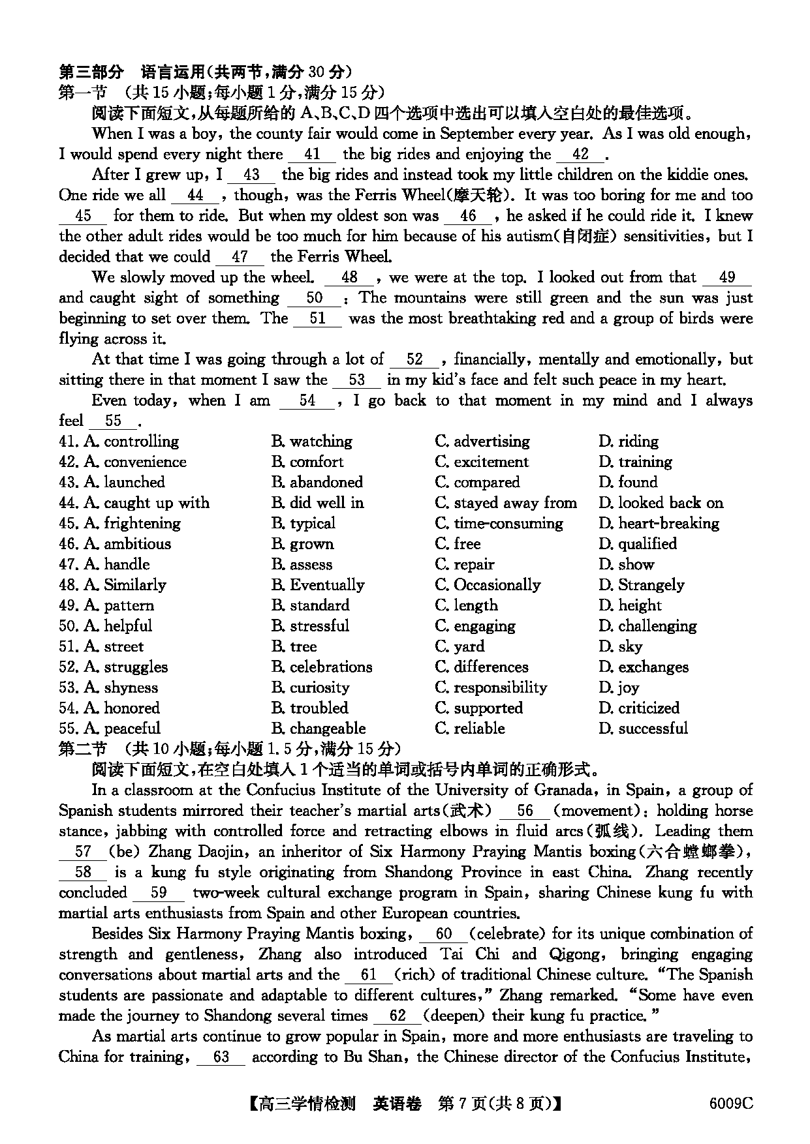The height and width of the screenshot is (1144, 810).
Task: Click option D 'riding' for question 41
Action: point(629,442)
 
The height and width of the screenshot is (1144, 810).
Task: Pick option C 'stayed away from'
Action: point(506,503)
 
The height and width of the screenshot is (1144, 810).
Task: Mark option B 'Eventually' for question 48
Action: point(318,585)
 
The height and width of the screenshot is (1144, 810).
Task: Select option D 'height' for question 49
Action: point(630,605)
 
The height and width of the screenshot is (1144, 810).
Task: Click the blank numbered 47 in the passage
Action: point(240,258)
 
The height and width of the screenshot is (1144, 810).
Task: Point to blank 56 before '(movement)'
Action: point(525,811)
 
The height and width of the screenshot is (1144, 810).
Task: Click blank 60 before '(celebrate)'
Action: point(443,935)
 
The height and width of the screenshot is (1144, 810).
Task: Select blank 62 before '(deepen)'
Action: point(397,1016)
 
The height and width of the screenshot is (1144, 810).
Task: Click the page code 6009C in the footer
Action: point(730,1103)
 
